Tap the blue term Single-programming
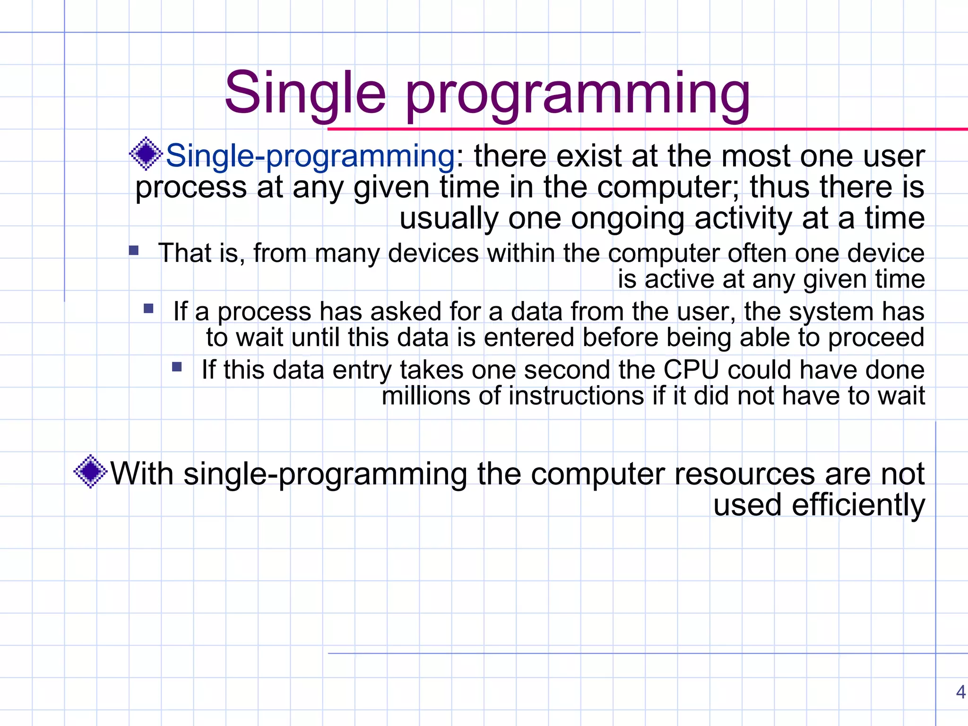click(310, 156)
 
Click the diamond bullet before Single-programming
click(146, 153)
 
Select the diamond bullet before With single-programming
click(90, 471)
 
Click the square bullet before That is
click(134, 250)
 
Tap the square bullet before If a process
click(148, 309)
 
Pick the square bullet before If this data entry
click(177, 367)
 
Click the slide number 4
click(960, 692)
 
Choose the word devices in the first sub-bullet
click(433, 253)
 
